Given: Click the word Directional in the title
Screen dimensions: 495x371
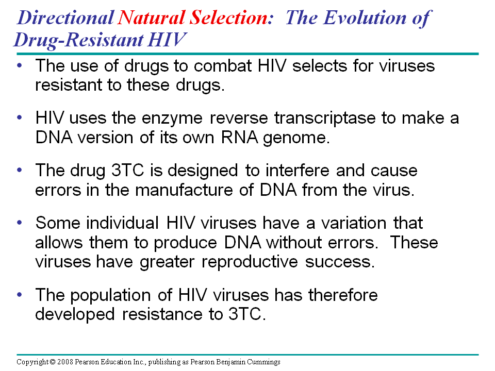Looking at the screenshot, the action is pos(65,18).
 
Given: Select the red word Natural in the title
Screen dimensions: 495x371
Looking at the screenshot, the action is pos(151,18).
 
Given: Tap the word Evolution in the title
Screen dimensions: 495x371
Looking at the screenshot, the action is pos(365,18).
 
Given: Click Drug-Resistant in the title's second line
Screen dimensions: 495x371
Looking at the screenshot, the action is pos(78,40).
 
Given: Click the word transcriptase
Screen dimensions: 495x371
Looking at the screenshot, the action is pos(325,119).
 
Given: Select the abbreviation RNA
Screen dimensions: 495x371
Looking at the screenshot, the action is pos(239,138).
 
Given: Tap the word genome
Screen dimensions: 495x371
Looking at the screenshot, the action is pos(296,139).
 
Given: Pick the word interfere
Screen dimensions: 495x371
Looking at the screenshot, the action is pos(297,171).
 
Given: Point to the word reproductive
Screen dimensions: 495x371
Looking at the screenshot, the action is pos(250,262).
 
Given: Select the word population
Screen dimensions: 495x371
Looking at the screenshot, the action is pos(110,296).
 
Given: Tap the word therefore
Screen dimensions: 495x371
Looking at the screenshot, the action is pos(343,295).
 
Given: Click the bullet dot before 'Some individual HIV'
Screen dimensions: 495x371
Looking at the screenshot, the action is pos(20,223).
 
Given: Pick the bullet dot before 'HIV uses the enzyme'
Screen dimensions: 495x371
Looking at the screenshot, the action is pos(20,117).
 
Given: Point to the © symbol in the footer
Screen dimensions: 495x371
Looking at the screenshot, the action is pos(53,362).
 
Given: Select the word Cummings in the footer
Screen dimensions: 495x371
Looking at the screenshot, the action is pos(263,362).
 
